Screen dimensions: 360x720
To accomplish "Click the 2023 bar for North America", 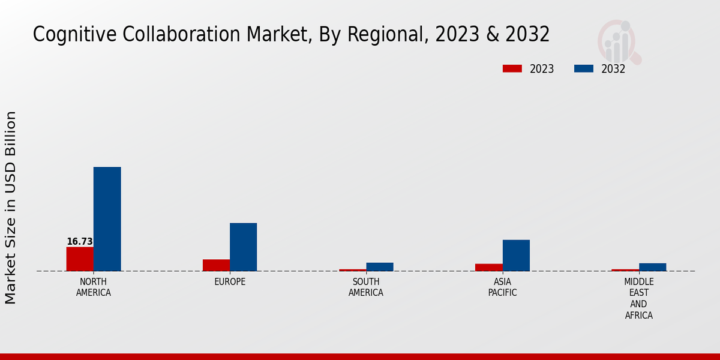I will coord(80,259).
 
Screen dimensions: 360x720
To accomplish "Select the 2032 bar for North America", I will coord(107,219).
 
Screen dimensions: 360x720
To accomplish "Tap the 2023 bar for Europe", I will coord(216,265).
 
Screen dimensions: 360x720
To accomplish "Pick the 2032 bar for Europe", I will coord(243,247).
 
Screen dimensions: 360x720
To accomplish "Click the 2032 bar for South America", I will coord(380,267).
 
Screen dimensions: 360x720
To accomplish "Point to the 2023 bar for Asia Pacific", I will coord(488,267).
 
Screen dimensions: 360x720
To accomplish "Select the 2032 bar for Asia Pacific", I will coord(516,255).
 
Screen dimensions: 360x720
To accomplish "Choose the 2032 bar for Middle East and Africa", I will coord(652,267).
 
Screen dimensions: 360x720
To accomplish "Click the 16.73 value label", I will coord(79,242).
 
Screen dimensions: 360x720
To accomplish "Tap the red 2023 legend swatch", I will coord(512,69).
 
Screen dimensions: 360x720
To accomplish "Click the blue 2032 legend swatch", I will coord(583,69).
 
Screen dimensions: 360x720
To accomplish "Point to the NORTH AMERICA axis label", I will coord(93,287).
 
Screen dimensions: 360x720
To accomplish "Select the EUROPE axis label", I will coord(230,282).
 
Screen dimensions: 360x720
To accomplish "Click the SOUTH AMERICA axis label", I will coord(366,287).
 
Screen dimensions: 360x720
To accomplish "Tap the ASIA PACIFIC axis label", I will coord(502,287).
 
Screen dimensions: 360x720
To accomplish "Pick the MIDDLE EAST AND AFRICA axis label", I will coord(638,298).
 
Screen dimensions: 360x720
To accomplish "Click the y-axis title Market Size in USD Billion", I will coord(11,207).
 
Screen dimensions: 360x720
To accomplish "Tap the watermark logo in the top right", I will coord(619,41).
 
